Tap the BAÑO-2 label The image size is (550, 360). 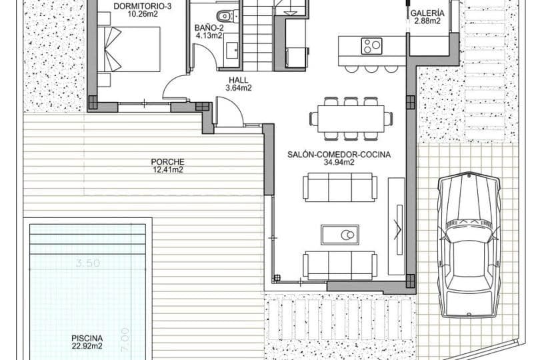click(209, 28)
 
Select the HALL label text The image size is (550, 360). click(238, 79)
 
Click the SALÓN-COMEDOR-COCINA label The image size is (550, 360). click(339, 154)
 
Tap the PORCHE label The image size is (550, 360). click(167, 161)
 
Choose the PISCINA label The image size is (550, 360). click(87, 338)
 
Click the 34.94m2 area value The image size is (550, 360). click(339, 162)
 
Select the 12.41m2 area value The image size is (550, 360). click(167, 169)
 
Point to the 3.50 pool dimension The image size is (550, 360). click(87, 263)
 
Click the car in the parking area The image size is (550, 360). click(469, 243)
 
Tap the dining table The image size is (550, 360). click(351, 119)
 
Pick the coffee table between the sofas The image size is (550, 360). click(340, 235)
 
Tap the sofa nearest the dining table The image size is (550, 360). click(340, 187)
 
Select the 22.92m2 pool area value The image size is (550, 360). click(87, 346)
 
